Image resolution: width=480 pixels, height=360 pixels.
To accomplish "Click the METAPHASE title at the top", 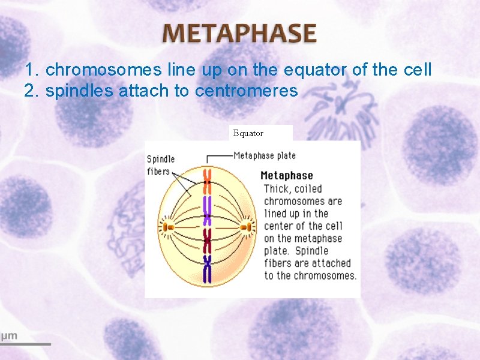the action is click(239, 33).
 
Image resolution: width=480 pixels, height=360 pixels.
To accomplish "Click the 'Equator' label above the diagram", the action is click(248, 133).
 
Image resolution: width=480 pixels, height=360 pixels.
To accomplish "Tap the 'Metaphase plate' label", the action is click(265, 155).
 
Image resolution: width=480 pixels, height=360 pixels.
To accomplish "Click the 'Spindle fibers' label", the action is click(161, 165).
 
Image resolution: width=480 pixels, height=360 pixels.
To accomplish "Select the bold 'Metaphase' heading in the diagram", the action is click(287, 176).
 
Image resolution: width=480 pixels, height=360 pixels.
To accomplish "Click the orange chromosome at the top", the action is click(207, 178).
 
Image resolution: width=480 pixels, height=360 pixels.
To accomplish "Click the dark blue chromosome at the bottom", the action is click(208, 268).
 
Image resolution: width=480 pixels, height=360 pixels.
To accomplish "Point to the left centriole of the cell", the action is click(167, 227).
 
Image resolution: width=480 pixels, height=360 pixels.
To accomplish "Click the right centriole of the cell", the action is click(246, 227).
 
